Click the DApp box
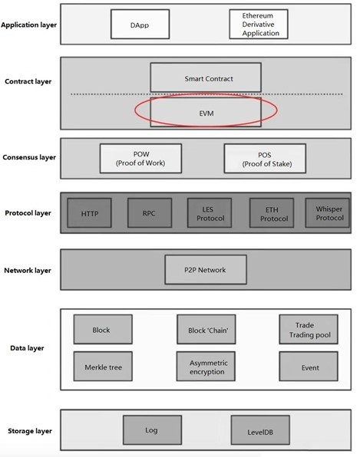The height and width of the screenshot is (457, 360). coord(140,25)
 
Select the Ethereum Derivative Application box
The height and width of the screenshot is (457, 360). coord(259,25)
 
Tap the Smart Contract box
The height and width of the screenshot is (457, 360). coord(206,77)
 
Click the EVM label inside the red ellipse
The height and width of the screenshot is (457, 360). coord(206,113)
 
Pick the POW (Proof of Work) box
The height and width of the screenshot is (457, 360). coord(140,159)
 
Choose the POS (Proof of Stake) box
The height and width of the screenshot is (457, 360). coord(265,159)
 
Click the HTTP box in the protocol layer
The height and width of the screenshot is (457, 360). coord(89,212)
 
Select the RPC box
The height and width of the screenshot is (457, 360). coord(150,212)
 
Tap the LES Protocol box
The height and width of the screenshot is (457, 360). coord(210,212)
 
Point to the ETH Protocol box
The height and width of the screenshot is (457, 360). coord(272,212)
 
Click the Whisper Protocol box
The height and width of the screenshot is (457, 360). coord(327,212)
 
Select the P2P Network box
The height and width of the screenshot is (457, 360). coord(206,270)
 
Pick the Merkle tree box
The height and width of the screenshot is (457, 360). coord(103,366)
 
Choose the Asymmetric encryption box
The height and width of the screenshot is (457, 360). coord(206,366)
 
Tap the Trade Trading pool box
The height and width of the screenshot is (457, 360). coord(309,329)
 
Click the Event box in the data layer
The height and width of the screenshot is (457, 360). coord(309,366)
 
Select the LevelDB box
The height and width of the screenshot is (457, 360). coord(260,430)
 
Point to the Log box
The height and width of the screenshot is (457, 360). coord(152,430)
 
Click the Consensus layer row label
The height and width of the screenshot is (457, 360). coord(29,157)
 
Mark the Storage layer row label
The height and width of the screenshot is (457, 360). coord(30,431)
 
